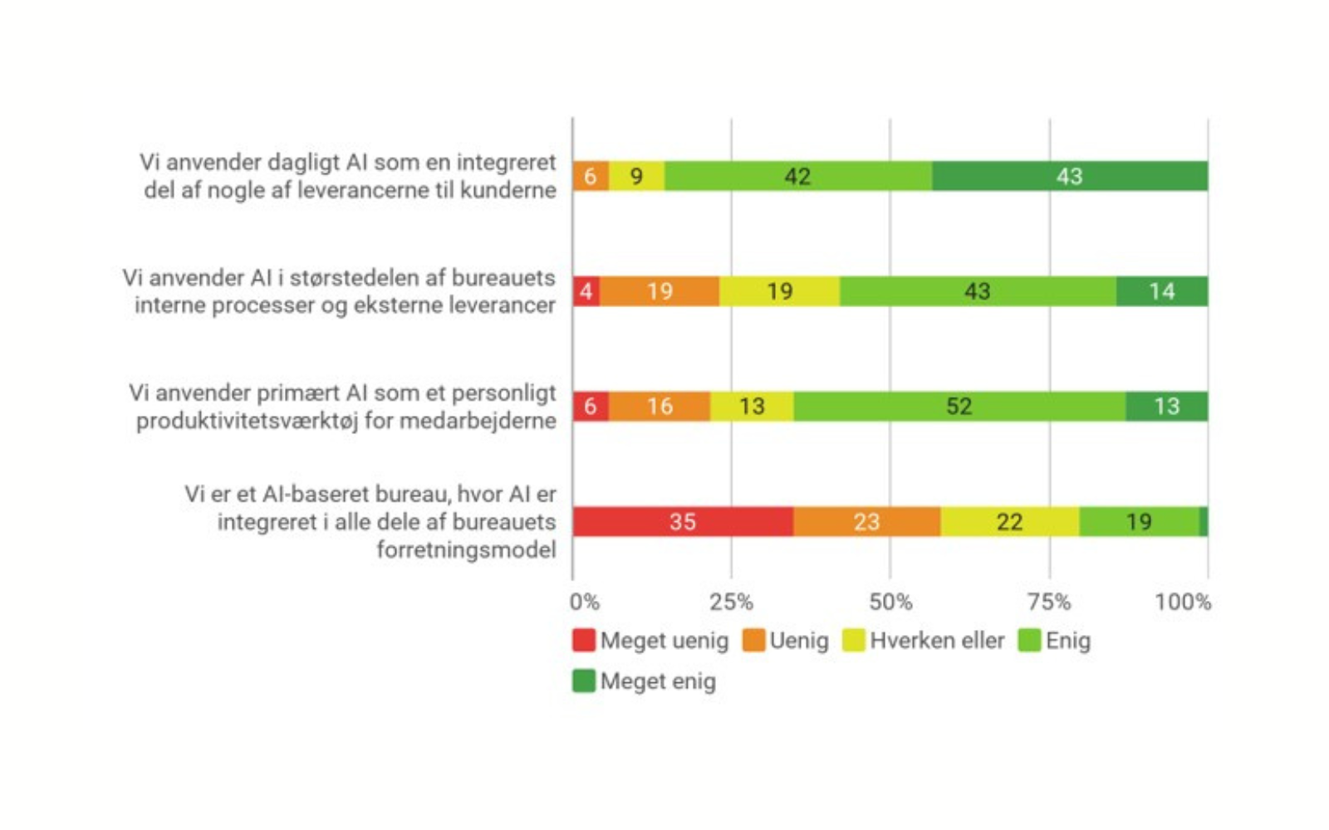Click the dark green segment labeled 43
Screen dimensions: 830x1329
point(1069,176)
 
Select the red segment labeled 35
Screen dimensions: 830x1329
point(682,521)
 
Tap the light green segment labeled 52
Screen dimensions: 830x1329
point(959,406)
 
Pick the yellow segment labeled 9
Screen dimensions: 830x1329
point(636,176)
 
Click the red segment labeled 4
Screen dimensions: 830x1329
point(586,291)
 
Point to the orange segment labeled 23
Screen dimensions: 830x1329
point(866,521)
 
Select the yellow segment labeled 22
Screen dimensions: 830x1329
point(1009,521)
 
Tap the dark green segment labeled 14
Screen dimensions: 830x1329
point(1161,291)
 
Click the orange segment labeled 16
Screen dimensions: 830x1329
point(660,406)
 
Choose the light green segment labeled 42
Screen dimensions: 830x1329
point(797,176)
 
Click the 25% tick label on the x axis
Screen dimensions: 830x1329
point(731,602)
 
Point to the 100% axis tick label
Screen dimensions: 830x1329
point(1183,602)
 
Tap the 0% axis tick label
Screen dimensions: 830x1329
point(585,602)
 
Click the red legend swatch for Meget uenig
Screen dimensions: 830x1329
point(584,640)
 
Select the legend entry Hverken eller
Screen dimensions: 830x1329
point(936,641)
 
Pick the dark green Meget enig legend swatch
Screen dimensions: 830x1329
point(584,681)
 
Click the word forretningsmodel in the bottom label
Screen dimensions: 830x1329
point(466,549)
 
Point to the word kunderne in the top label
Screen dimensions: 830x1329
point(508,190)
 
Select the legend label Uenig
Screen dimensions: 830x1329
point(798,641)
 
